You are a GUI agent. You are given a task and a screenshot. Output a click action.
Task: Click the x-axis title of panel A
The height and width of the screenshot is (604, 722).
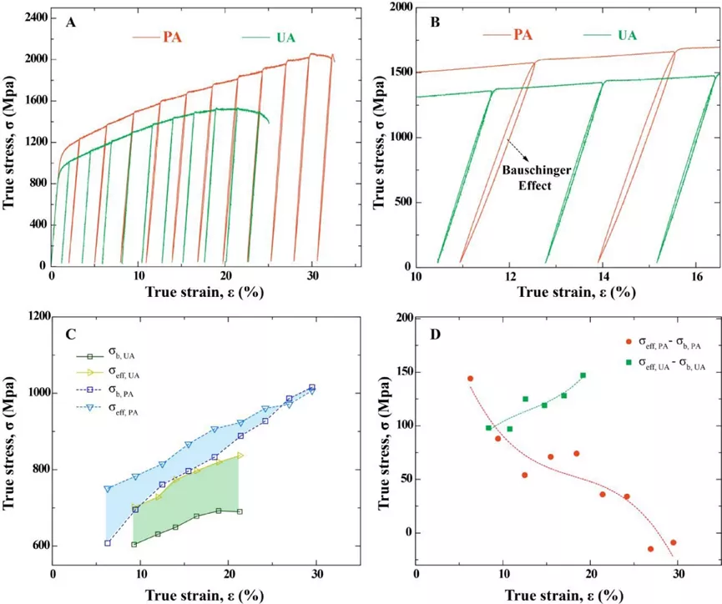[x=194, y=293]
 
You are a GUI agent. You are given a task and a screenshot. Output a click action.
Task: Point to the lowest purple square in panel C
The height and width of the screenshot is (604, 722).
[x=107, y=542]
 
